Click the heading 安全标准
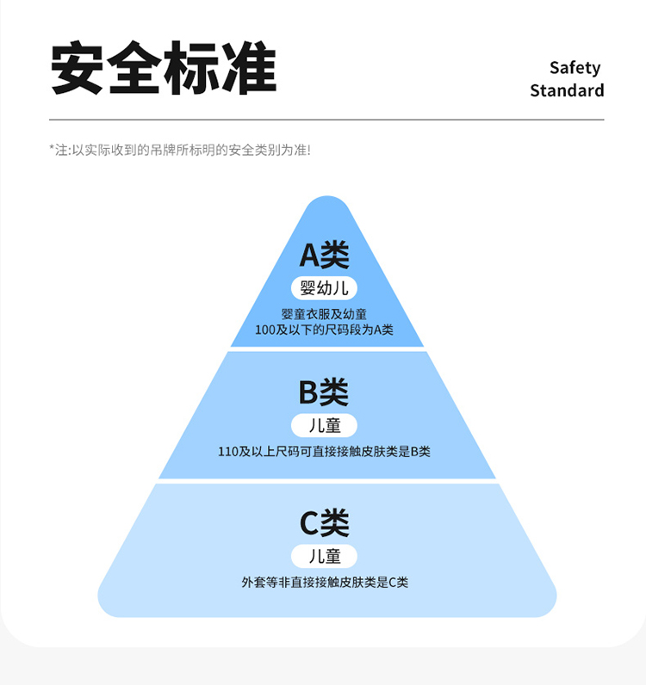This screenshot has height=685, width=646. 164,68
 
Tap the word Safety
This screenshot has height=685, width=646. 575,68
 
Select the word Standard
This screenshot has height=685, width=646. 567,90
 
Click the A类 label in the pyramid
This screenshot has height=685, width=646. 325,255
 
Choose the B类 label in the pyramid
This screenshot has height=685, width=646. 324,392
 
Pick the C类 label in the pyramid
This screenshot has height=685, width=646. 324,523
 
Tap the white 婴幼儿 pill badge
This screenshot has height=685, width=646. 325,288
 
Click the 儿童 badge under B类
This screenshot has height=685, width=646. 325,425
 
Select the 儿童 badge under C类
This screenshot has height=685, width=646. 325,556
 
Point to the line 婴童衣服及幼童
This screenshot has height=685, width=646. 324,314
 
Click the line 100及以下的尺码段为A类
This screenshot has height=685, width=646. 324,330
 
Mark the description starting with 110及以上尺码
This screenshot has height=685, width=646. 324,451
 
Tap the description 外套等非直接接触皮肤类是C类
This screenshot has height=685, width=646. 324,583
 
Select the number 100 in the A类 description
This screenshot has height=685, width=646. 264,330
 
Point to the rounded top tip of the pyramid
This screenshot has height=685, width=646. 327,203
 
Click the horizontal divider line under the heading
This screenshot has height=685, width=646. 326,119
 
